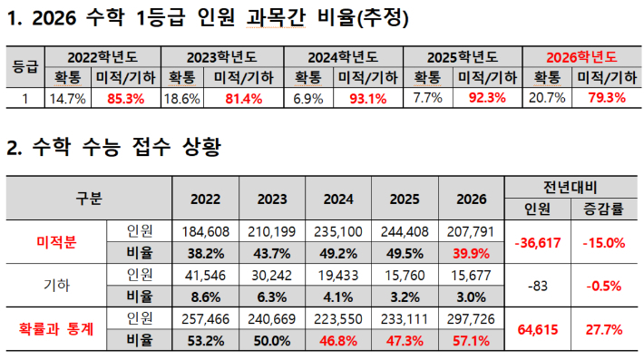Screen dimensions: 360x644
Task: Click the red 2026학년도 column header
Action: pos(582,56)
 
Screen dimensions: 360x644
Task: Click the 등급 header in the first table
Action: pos(24,66)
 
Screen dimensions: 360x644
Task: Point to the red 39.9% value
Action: pos(469,251)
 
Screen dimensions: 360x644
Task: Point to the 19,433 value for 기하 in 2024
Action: pos(337,273)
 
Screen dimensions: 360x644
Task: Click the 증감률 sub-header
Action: pos(602,208)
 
